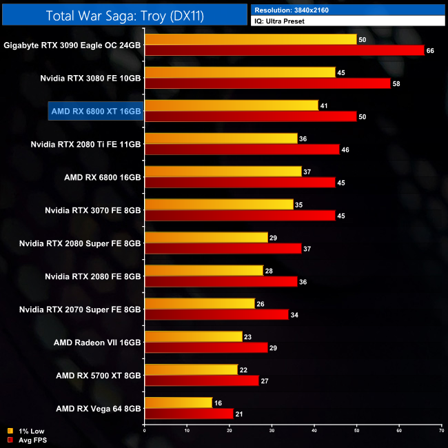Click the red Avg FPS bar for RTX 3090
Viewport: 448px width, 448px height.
[284, 50]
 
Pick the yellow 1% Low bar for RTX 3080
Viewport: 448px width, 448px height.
[240, 72]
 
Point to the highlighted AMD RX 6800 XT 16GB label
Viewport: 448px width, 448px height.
[96, 111]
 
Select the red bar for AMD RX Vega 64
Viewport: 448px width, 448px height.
[189, 414]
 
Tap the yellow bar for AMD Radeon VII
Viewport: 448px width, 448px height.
[193, 336]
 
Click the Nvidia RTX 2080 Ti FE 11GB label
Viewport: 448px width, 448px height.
[86, 144]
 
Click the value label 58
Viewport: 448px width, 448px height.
[396, 83]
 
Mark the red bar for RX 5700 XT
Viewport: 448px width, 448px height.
[201, 380]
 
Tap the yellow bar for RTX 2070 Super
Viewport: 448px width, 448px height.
[199, 303]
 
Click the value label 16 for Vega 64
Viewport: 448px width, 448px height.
[218, 403]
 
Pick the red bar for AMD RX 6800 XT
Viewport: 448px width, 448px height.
[250, 116]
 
